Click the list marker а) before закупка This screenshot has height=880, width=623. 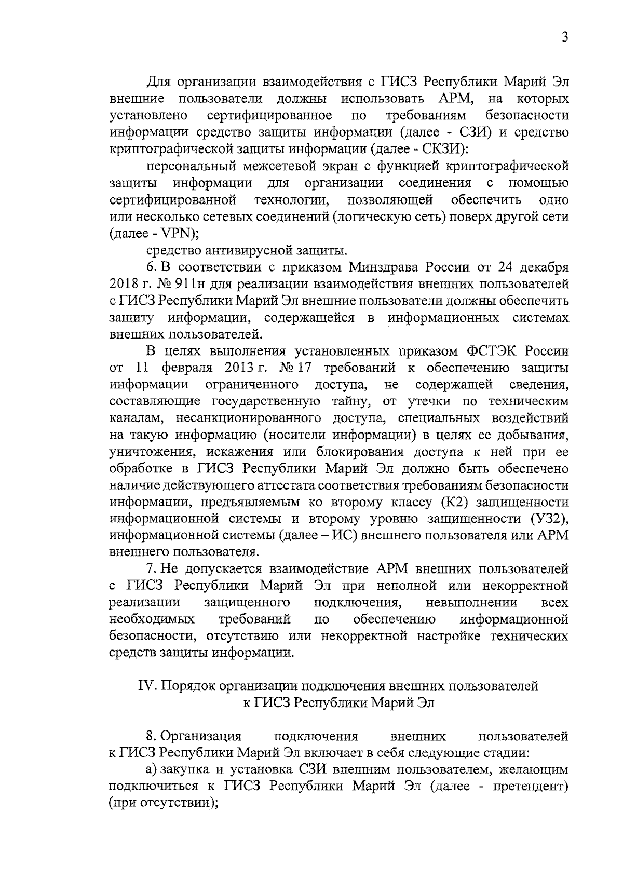point(152,769)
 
